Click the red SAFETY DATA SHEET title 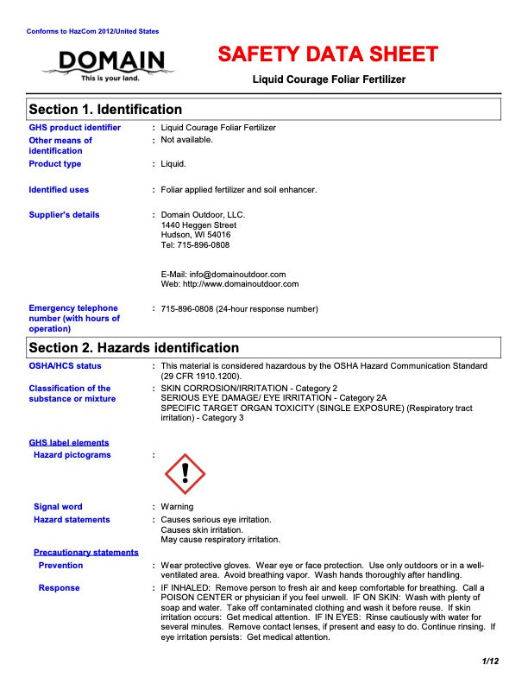coord(328,54)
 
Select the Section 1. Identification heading coord(105,110)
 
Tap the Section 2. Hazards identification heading coord(134,348)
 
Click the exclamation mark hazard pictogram coord(185,474)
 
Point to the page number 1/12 coord(491,662)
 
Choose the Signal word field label coord(58,507)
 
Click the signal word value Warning coord(177,507)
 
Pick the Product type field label coord(55,164)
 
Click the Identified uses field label coord(59,190)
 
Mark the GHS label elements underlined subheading coord(69,443)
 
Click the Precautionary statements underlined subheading coord(85,552)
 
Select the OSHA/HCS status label coord(65,366)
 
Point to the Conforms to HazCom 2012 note coord(92,31)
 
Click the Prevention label coord(60,566)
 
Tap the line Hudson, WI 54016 coord(196,235)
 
